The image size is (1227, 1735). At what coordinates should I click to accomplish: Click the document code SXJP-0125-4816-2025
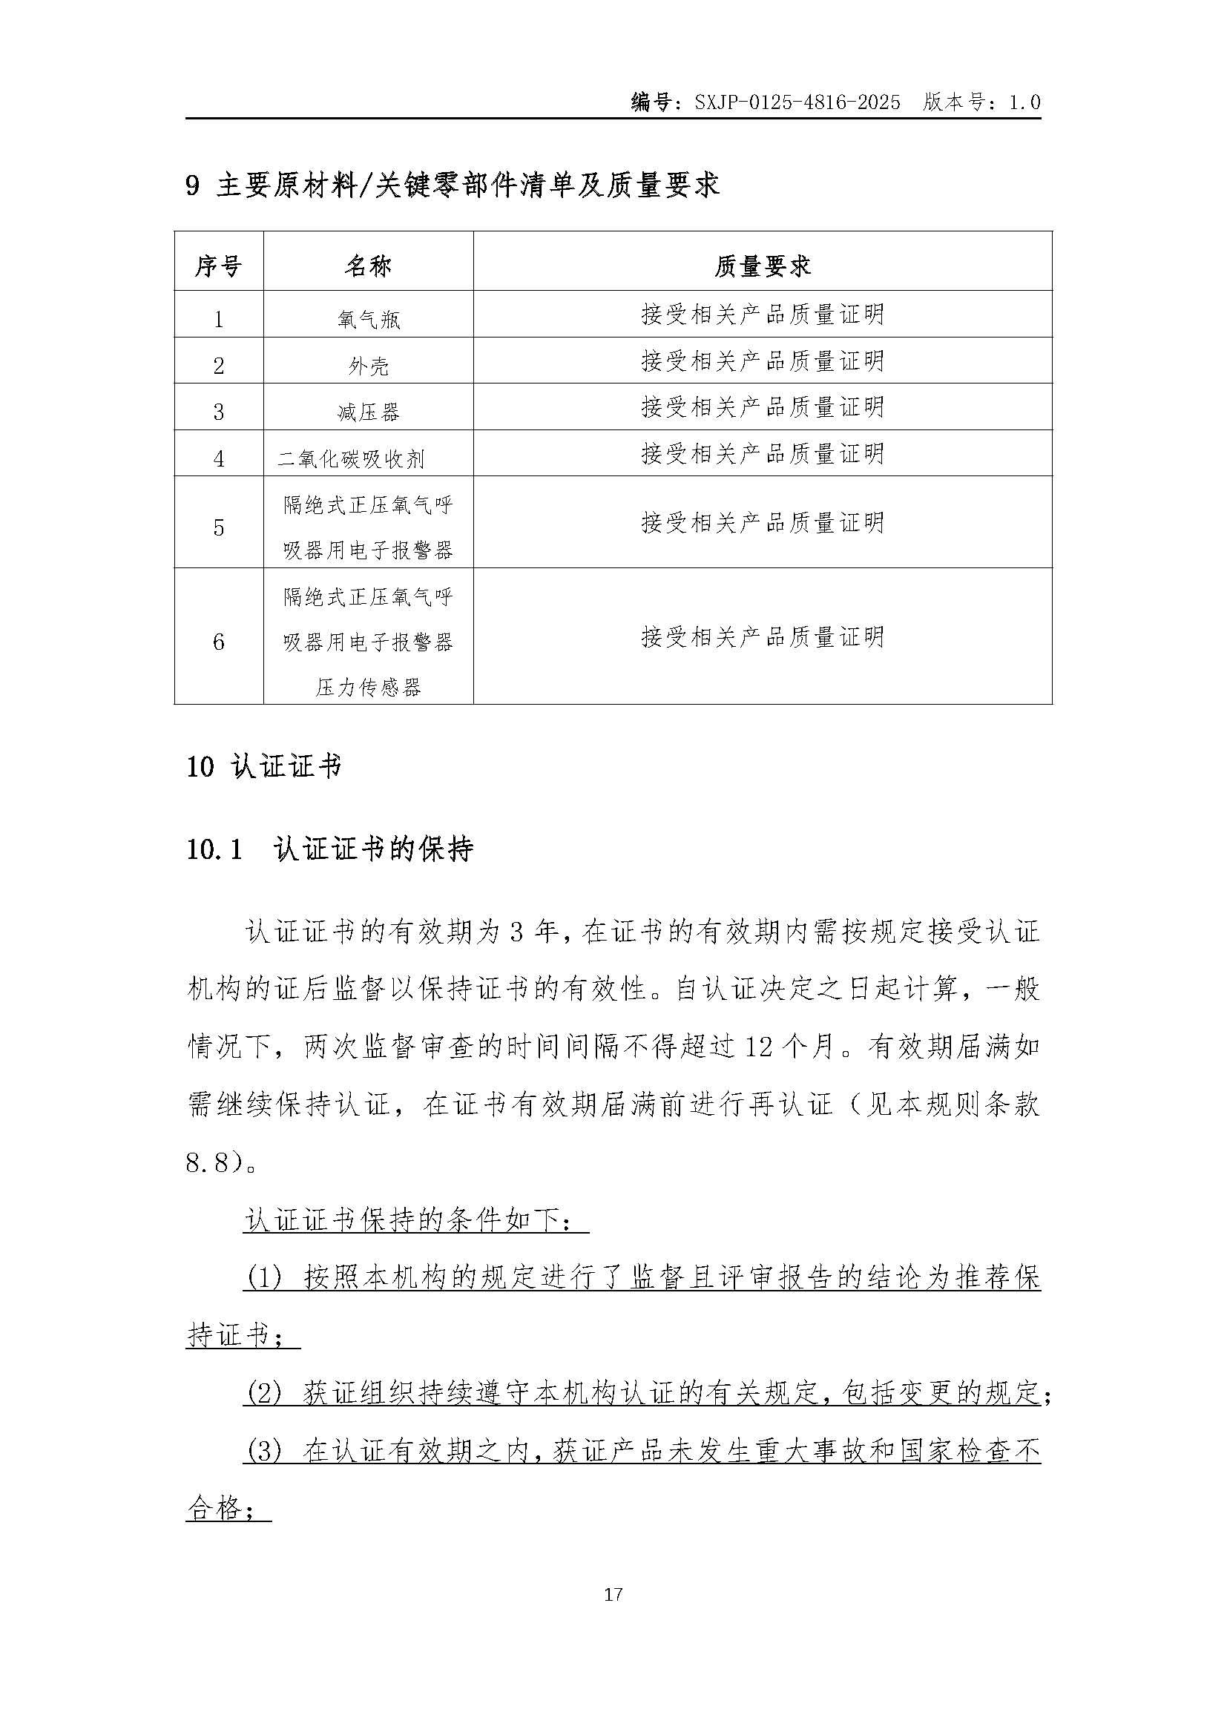(797, 103)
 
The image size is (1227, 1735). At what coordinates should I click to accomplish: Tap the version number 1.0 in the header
(1024, 103)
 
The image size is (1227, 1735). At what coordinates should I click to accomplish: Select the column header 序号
(218, 266)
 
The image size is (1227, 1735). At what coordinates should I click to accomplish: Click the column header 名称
(368, 266)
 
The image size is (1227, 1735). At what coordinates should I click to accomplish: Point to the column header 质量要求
(763, 266)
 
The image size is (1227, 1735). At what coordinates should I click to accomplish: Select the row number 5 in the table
(218, 527)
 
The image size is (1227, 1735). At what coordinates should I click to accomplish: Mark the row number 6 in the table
(218, 642)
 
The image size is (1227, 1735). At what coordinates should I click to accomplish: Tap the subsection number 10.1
(214, 850)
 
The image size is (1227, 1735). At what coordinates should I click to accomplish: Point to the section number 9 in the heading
(193, 186)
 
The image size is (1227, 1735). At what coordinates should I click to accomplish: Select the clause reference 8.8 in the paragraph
(207, 1162)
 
